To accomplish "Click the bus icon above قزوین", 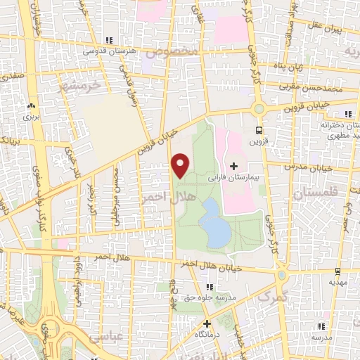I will pos(259,130).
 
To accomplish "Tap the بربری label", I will pos(31,117).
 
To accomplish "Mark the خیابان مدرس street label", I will pos(310,167).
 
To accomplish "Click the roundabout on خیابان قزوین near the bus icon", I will pos(259,109).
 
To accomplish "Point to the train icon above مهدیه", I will pos(338,271).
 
